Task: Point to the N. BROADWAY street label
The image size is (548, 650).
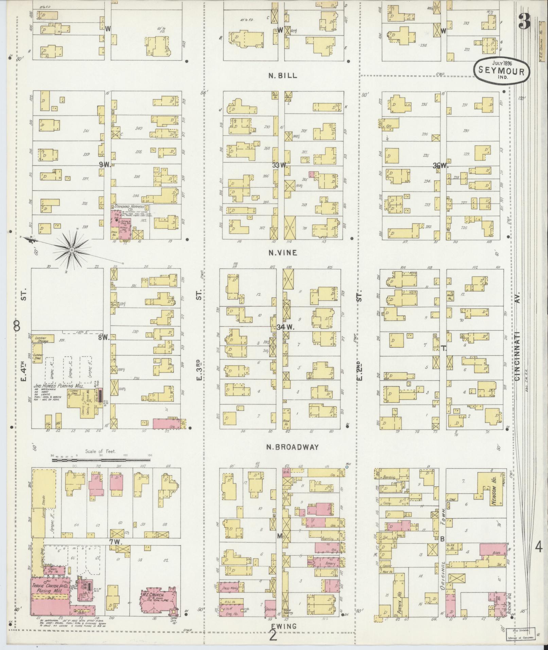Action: coord(293,447)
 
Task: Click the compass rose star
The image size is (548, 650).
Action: coord(72,250)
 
